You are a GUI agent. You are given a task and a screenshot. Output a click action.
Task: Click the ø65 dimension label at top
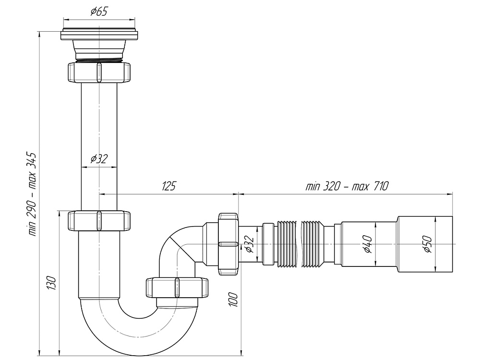point(99,12)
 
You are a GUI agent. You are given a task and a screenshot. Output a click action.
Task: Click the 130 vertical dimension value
point(52,283)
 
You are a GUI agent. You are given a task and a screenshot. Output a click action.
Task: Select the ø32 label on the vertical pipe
point(99,159)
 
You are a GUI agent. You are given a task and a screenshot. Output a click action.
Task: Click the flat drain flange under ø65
point(99,35)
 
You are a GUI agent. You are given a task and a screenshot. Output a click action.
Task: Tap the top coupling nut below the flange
point(99,72)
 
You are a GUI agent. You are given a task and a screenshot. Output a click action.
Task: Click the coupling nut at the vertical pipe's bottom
point(99,221)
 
